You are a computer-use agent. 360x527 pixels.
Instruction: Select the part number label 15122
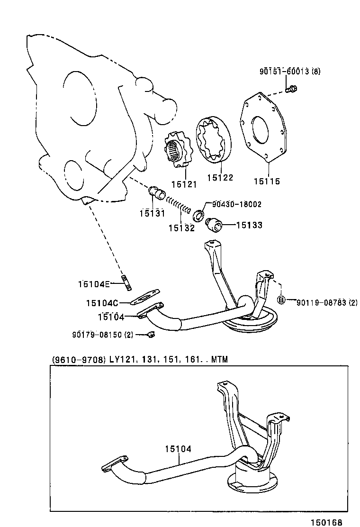coord(220,177)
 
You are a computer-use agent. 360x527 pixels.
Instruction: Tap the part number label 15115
coord(267,181)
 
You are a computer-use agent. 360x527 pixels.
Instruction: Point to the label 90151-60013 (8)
coord(289,72)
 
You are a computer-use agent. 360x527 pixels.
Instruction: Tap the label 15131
coord(152,213)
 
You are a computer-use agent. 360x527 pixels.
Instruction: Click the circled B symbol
coord(281,300)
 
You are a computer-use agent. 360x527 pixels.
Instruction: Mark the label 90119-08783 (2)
coord(327,302)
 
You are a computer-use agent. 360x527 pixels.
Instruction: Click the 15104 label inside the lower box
coord(178,448)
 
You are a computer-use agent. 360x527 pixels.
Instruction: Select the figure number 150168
coord(326,522)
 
